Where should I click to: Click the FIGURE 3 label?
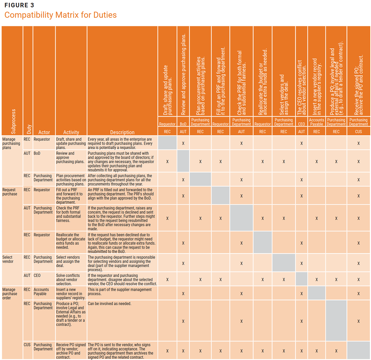[19, 5]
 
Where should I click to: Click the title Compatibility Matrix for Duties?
[60, 15]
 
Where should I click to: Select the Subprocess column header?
[13, 121]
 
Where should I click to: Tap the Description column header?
[122, 132]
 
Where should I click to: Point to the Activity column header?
[71, 132]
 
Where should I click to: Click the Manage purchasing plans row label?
[11, 143]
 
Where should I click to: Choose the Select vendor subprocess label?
[8, 259]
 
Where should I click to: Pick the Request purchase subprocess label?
[10, 192]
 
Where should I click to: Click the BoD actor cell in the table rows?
[37, 153]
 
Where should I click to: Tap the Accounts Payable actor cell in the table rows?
[41, 292]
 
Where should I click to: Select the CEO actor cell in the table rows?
[37, 275]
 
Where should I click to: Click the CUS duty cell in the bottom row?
[27, 345]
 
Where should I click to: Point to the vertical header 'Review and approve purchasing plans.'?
[183, 74]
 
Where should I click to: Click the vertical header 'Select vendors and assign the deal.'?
[284, 95]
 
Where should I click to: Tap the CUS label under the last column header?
[358, 132]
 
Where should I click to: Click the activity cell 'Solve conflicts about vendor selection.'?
[68, 280]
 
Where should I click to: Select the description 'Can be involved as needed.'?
[109, 303]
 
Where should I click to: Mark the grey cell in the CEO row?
[301, 279]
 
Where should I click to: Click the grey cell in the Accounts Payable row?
[317, 293]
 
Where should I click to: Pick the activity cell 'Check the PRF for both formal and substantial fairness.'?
[68, 214]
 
